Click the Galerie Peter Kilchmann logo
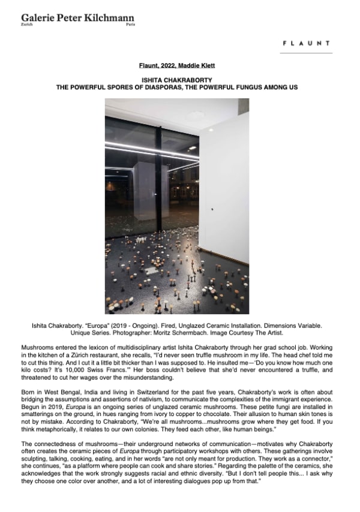coord(78,18)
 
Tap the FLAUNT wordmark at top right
coord(305,43)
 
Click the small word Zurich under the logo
coord(26,26)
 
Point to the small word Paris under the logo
coord(130,26)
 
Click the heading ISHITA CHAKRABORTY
coord(180,80)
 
